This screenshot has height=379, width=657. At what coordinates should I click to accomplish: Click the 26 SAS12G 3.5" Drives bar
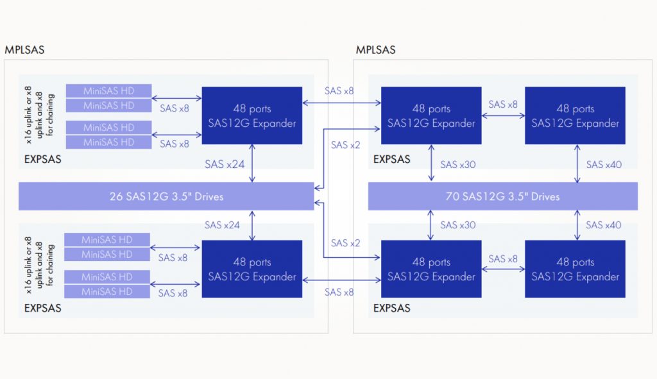pos(166,196)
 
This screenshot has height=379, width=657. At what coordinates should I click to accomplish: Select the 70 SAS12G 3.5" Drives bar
pos(502,196)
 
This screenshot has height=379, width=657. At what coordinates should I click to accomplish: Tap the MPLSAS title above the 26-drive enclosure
pos(24,50)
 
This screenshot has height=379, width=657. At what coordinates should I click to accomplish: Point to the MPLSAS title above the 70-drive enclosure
pos(375,50)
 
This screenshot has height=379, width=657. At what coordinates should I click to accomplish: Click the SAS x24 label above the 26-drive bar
pos(225,164)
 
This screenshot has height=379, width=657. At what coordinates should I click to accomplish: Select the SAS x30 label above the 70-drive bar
pos(458,165)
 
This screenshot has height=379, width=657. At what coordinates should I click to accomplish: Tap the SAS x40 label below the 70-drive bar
pos(603,225)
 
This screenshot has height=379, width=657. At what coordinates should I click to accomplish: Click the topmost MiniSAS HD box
pos(108,91)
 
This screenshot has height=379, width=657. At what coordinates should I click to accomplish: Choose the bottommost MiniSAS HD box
pos(107,291)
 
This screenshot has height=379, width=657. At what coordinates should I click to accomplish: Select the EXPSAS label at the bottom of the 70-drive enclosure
pos(392,308)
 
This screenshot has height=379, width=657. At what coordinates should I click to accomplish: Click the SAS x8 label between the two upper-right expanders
pos(503,105)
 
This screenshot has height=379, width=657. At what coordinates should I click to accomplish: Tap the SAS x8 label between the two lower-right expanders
pos(503,259)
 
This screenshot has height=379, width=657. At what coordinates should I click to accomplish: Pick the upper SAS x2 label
pos(345,145)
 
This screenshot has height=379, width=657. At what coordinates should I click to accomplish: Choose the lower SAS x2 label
pos(345,243)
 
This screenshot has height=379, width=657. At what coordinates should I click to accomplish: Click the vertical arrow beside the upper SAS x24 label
pos(255,164)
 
